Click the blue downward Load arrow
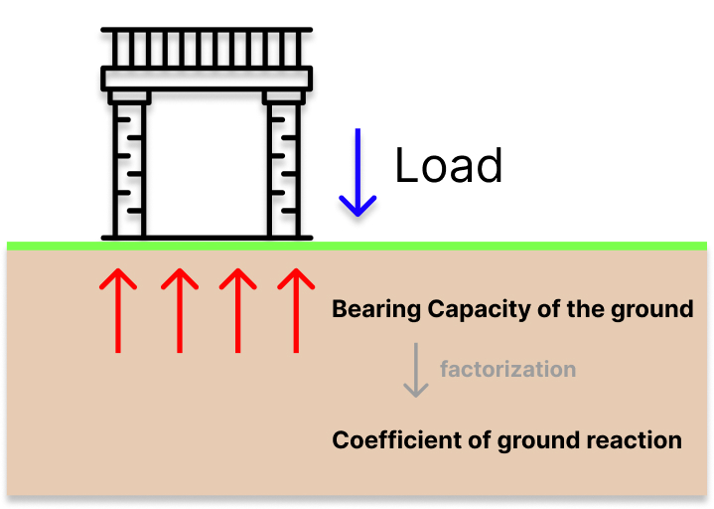coord(357,178)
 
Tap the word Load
coord(449,165)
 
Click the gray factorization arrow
coord(417,370)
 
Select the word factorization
coord(507,369)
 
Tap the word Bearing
coord(375,309)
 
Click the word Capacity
coord(471,309)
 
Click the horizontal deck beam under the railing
coord(207,78)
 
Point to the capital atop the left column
coord(129,96)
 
